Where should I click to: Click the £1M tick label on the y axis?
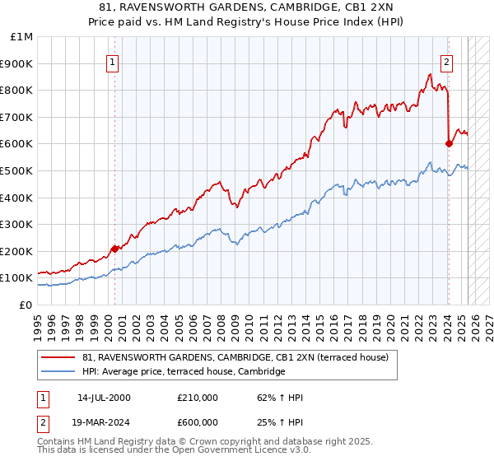(22, 37)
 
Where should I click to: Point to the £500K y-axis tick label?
(19, 171)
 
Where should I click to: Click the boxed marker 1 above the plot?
(112, 60)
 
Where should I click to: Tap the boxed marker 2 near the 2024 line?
(446, 60)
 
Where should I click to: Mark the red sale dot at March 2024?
(449, 144)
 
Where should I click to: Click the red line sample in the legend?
(59, 357)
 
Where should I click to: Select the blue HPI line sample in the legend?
(59, 372)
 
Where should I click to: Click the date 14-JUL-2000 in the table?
(104, 398)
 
